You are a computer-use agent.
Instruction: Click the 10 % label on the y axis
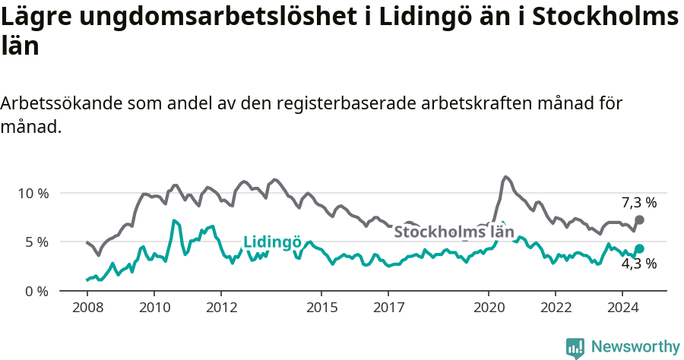tap(33, 193)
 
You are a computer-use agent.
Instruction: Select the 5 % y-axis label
tap(36, 242)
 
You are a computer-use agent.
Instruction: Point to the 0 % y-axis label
tap(36, 291)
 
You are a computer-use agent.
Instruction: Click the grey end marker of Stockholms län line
tap(639, 219)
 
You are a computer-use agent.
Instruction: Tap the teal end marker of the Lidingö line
tap(639, 248)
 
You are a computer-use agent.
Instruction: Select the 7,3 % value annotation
tap(638, 203)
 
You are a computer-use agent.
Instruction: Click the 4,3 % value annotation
tap(638, 264)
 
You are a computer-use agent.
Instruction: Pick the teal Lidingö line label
tap(272, 242)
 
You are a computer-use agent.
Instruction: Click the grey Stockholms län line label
tap(454, 232)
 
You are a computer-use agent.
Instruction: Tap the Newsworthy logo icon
tap(575, 348)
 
